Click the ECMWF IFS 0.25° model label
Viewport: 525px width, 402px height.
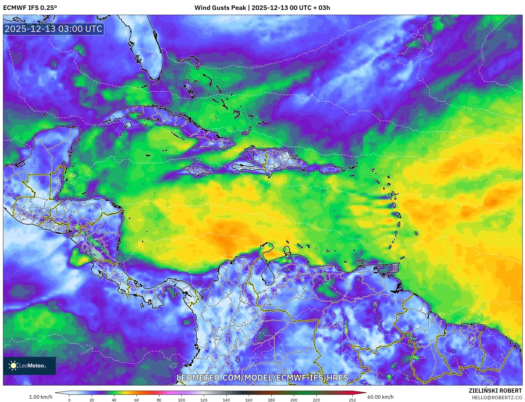coord(30,8)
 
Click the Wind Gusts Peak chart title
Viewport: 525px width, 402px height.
coord(262,8)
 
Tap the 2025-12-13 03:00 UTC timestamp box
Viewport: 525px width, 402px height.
coord(53,29)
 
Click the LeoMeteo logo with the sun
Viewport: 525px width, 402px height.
coord(29,366)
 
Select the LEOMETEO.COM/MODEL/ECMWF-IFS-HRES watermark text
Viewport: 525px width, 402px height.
coord(262,378)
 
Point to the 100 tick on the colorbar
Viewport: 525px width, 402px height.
coord(181,400)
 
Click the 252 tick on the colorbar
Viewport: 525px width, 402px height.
coord(352,400)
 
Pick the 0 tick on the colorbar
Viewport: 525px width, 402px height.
coord(69,400)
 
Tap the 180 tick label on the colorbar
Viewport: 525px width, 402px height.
coord(271,400)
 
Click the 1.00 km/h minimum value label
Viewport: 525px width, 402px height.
coord(41,397)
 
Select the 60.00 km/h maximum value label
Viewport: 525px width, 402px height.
coord(380,397)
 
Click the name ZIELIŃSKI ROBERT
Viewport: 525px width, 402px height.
coord(495,391)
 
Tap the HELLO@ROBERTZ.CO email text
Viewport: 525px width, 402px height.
coord(496,397)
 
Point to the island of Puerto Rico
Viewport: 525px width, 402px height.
coord(331,170)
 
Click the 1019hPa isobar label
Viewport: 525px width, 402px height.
coord(364,111)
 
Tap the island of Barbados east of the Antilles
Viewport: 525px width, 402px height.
coord(417,233)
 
